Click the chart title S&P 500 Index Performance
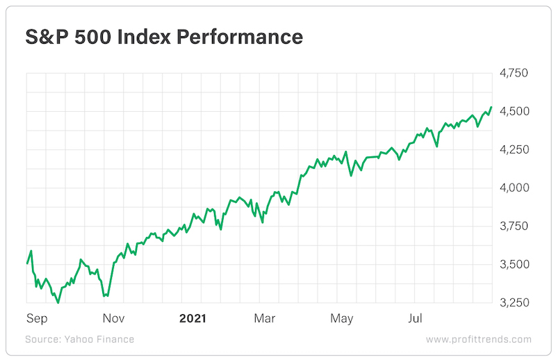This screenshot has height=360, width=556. coord(164,37)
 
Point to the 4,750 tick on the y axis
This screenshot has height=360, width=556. coord(515,73)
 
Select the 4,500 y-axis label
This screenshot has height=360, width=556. coord(515,111)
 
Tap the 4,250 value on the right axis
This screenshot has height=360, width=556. coord(515,149)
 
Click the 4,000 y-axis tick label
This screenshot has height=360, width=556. coord(515,188)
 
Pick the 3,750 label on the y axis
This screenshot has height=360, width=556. coord(515,226)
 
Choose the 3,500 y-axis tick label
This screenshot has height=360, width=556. coord(515,264)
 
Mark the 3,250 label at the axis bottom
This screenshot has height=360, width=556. coord(515,302)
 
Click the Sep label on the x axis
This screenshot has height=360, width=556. coord(37,319)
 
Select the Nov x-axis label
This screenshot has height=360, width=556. coord(113,319)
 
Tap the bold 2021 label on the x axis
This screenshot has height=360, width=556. coord(193,319)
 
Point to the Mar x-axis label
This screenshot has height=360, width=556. coord(264,319)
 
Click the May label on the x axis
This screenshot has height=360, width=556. coord(341,319)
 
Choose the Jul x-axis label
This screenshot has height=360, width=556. coord(415,319)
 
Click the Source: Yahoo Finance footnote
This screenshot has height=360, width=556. coord(79,339)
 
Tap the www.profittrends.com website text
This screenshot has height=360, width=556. coord(478,339)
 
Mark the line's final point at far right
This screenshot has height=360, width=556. coord(491,108)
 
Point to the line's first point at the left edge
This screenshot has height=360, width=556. coord(27,263)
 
